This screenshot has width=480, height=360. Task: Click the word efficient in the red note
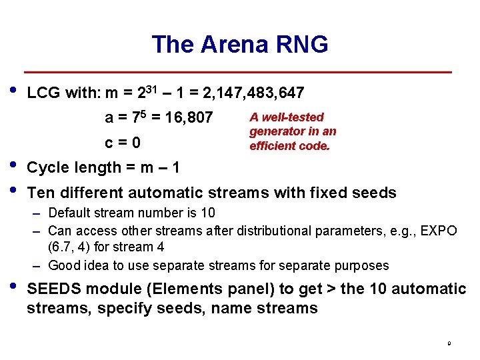(269, 146)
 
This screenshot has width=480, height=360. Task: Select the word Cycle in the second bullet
(47, 167)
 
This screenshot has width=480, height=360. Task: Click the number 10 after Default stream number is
(208, 213)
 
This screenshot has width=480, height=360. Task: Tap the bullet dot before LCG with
(13, 89)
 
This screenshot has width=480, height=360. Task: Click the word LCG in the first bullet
(43, 92)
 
